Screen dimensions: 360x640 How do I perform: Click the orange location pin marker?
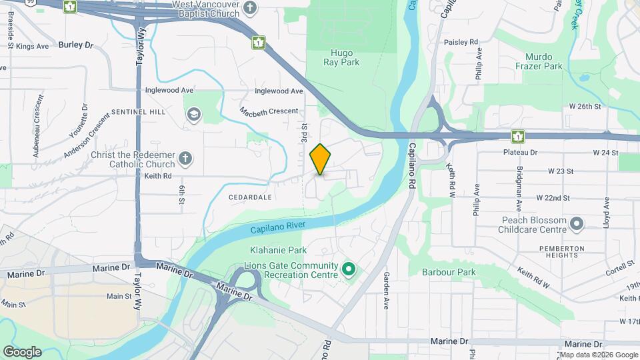(321, 159)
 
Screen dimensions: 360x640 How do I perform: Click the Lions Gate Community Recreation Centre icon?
(348, 269)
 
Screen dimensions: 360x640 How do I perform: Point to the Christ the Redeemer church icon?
(186, 159)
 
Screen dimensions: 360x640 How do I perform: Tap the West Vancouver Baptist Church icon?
(250, 8)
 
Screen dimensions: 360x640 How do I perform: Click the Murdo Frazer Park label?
(543, 61)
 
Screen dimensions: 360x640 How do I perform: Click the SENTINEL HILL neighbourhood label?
(139, 112)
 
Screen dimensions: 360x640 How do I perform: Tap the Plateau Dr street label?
(520, 153)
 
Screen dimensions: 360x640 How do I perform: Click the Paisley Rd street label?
(464, 42)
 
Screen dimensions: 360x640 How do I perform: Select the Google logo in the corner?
(22, 352)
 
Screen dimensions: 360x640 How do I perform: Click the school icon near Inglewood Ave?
(194, 113)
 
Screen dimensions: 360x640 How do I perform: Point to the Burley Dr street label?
(76, 45)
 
